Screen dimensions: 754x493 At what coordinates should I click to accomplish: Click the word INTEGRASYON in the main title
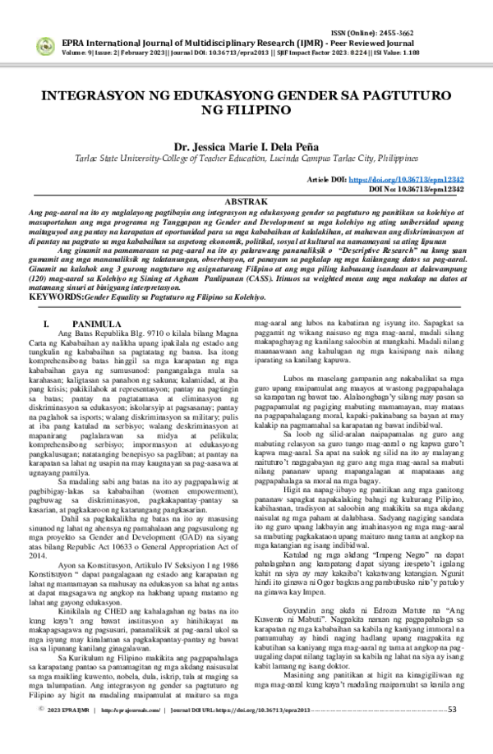coord(94,95)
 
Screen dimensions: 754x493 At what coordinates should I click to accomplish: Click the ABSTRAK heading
coord(246,201)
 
